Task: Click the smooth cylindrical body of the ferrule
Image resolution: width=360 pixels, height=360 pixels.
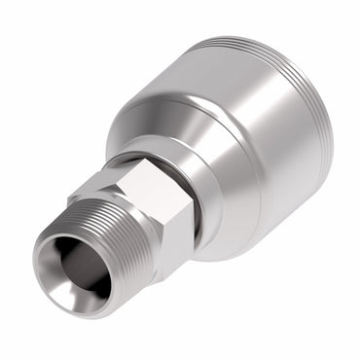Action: (x=253, y=146)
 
